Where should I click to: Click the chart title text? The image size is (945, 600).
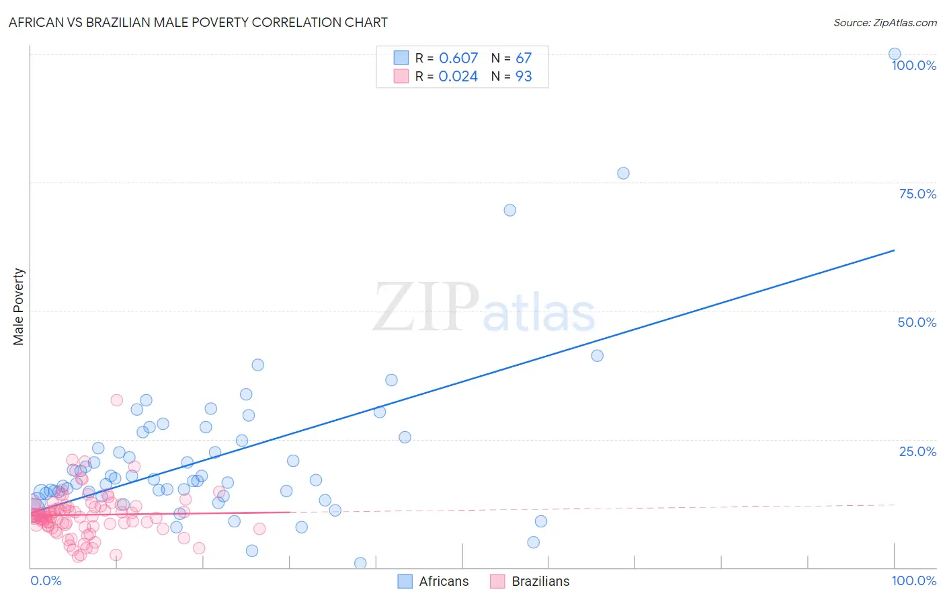[x=198, y=22]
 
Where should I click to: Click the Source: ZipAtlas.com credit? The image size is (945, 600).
[x=885, y=23]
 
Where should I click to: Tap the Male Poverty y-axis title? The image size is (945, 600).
[x=19, y=307]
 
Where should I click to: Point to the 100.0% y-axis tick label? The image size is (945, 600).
[x=913, y=65]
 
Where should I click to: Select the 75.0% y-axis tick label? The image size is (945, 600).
[x=917, y=194]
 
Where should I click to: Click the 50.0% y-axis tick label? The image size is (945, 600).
[x=917, y=322]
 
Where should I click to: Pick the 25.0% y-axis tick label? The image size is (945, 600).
[x=917, y=451]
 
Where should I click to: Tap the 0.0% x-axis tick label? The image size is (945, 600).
[x=46, y=580]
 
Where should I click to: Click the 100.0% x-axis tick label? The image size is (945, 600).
[x=913, y=580]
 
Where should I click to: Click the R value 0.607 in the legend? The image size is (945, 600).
[x=458, y=59]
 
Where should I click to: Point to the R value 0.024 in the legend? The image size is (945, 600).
[x=458, y=77]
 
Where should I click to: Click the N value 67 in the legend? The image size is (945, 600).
[x=524, y=59]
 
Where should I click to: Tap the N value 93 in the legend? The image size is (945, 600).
[x=524, y=77]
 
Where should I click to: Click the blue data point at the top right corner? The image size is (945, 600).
[x=894, y=54]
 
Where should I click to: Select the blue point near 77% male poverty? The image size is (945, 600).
[x=623, y=174]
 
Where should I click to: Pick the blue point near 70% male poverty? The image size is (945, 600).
[x=509, y=210]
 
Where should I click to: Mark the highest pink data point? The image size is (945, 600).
[x=116, y=400]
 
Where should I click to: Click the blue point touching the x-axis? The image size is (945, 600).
[x=360, y=563]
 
